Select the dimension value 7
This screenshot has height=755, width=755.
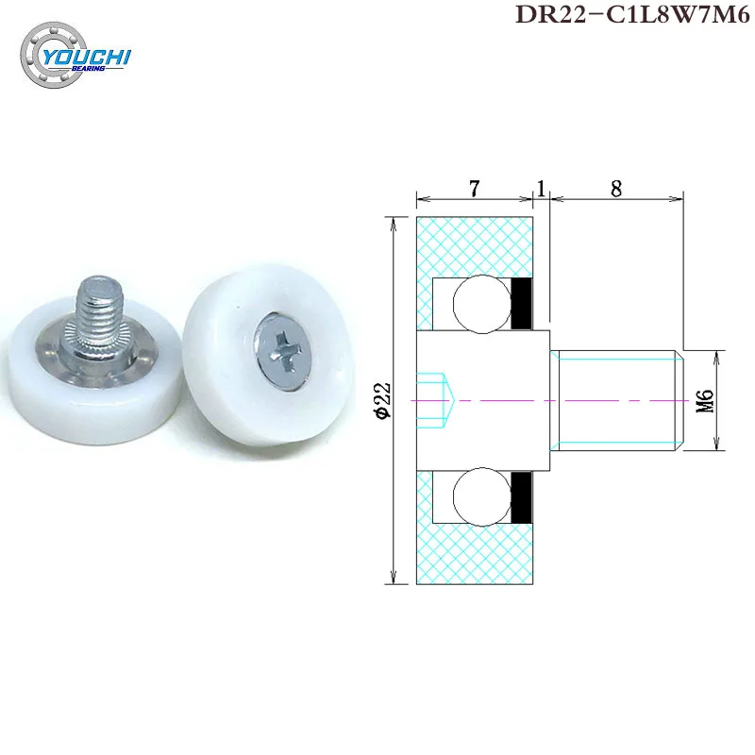click(475, 188)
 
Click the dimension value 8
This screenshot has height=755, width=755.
click(615, 188)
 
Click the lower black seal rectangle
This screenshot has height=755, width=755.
click(523, 497)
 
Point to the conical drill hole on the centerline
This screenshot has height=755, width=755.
click(439, 399)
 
